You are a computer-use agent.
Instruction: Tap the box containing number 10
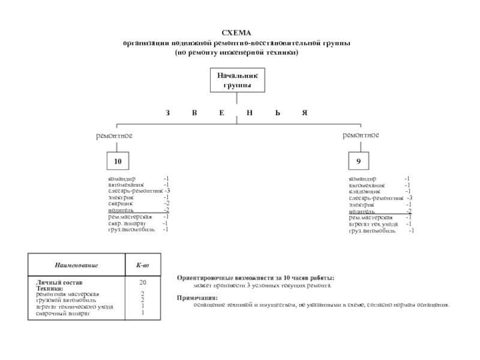(118, 162)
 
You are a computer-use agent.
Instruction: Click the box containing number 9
(358, 162)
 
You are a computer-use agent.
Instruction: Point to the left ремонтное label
(114, 136)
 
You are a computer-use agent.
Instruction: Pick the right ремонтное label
(361, 136)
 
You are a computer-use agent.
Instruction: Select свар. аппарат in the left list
(123, 223)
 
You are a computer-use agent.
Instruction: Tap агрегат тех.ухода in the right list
(373, 224)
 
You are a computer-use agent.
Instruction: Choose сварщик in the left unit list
(121, 203)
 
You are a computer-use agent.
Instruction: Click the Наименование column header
(76, 265)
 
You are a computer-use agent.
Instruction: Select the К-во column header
(143, 265)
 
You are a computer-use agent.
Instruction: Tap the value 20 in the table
(143, 282)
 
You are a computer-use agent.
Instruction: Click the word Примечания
(197, 298)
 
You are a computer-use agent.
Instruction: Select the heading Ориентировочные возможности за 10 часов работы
(256, 278)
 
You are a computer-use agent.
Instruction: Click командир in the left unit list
(122, 179)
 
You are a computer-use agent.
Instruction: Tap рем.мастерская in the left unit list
(126, 217)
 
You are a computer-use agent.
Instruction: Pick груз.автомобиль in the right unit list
(372, 230)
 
